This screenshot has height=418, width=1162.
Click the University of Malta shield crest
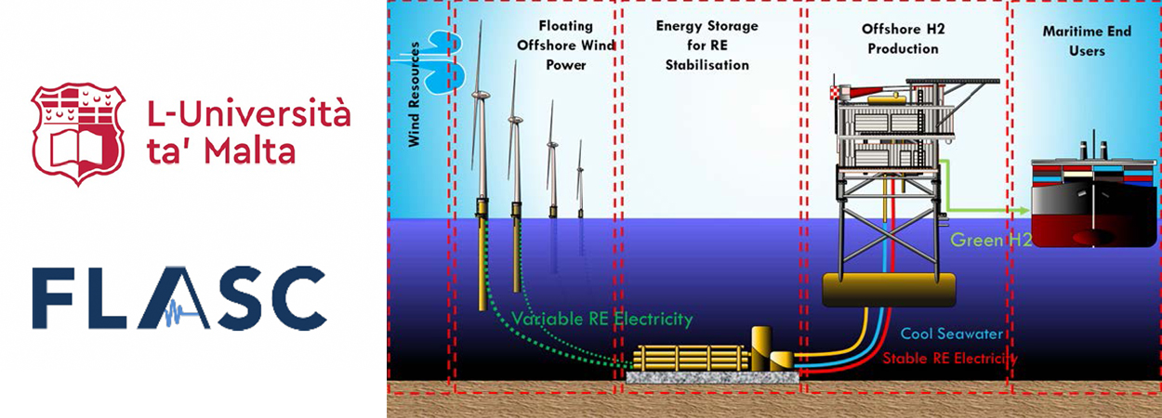(78, 133)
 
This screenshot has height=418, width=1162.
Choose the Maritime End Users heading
(1086, 40)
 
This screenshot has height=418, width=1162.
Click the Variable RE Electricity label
(602, 319)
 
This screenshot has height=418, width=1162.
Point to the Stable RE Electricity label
(949, 358)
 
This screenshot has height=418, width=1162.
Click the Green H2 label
(991, 241)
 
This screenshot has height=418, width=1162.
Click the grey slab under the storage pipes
(711, 376)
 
